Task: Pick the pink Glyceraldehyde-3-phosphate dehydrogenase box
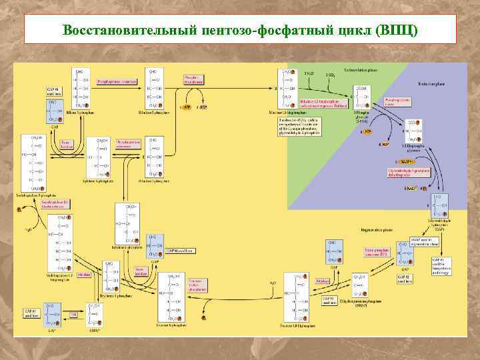tap(406, 173)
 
